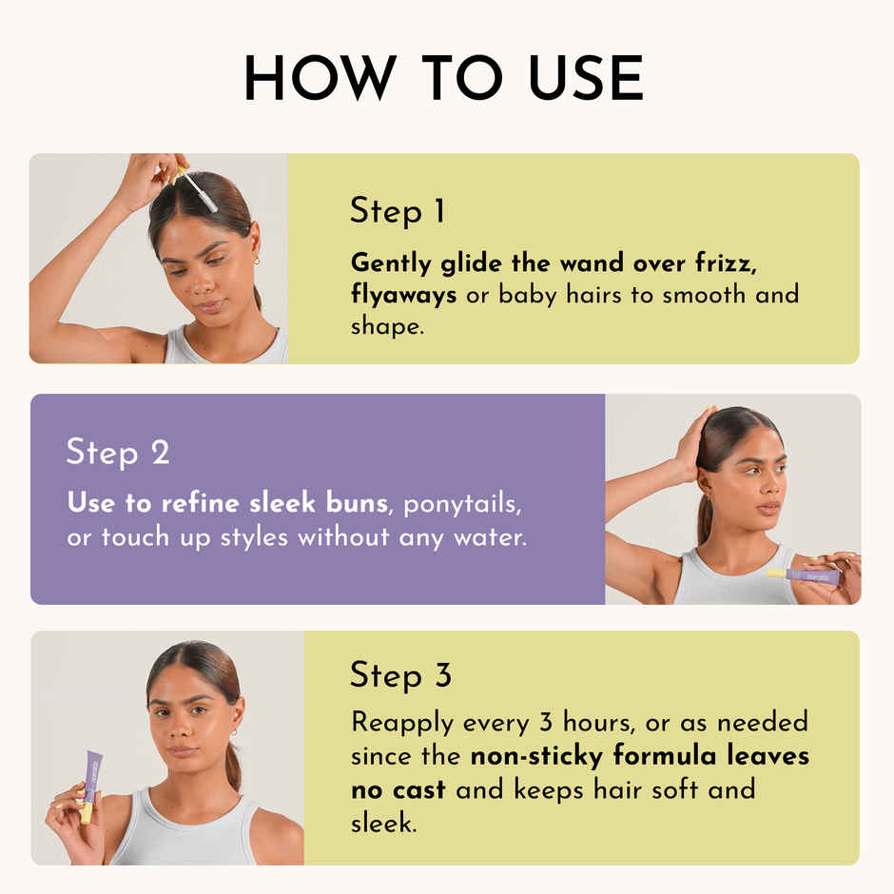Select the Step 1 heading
pos(398,210)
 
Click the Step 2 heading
pos(118,452)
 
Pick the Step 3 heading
pos(400,675)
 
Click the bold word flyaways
pos(404,294)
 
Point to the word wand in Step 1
pos(597,262)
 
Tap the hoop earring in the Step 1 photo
pos(256,260)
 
